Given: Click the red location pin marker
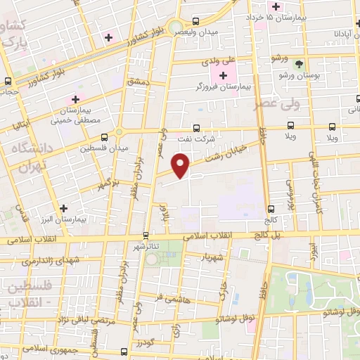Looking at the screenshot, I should click(181, 167).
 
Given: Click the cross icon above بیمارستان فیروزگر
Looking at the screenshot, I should click(224, 75).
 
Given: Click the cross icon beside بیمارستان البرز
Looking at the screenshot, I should click(64, 208).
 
